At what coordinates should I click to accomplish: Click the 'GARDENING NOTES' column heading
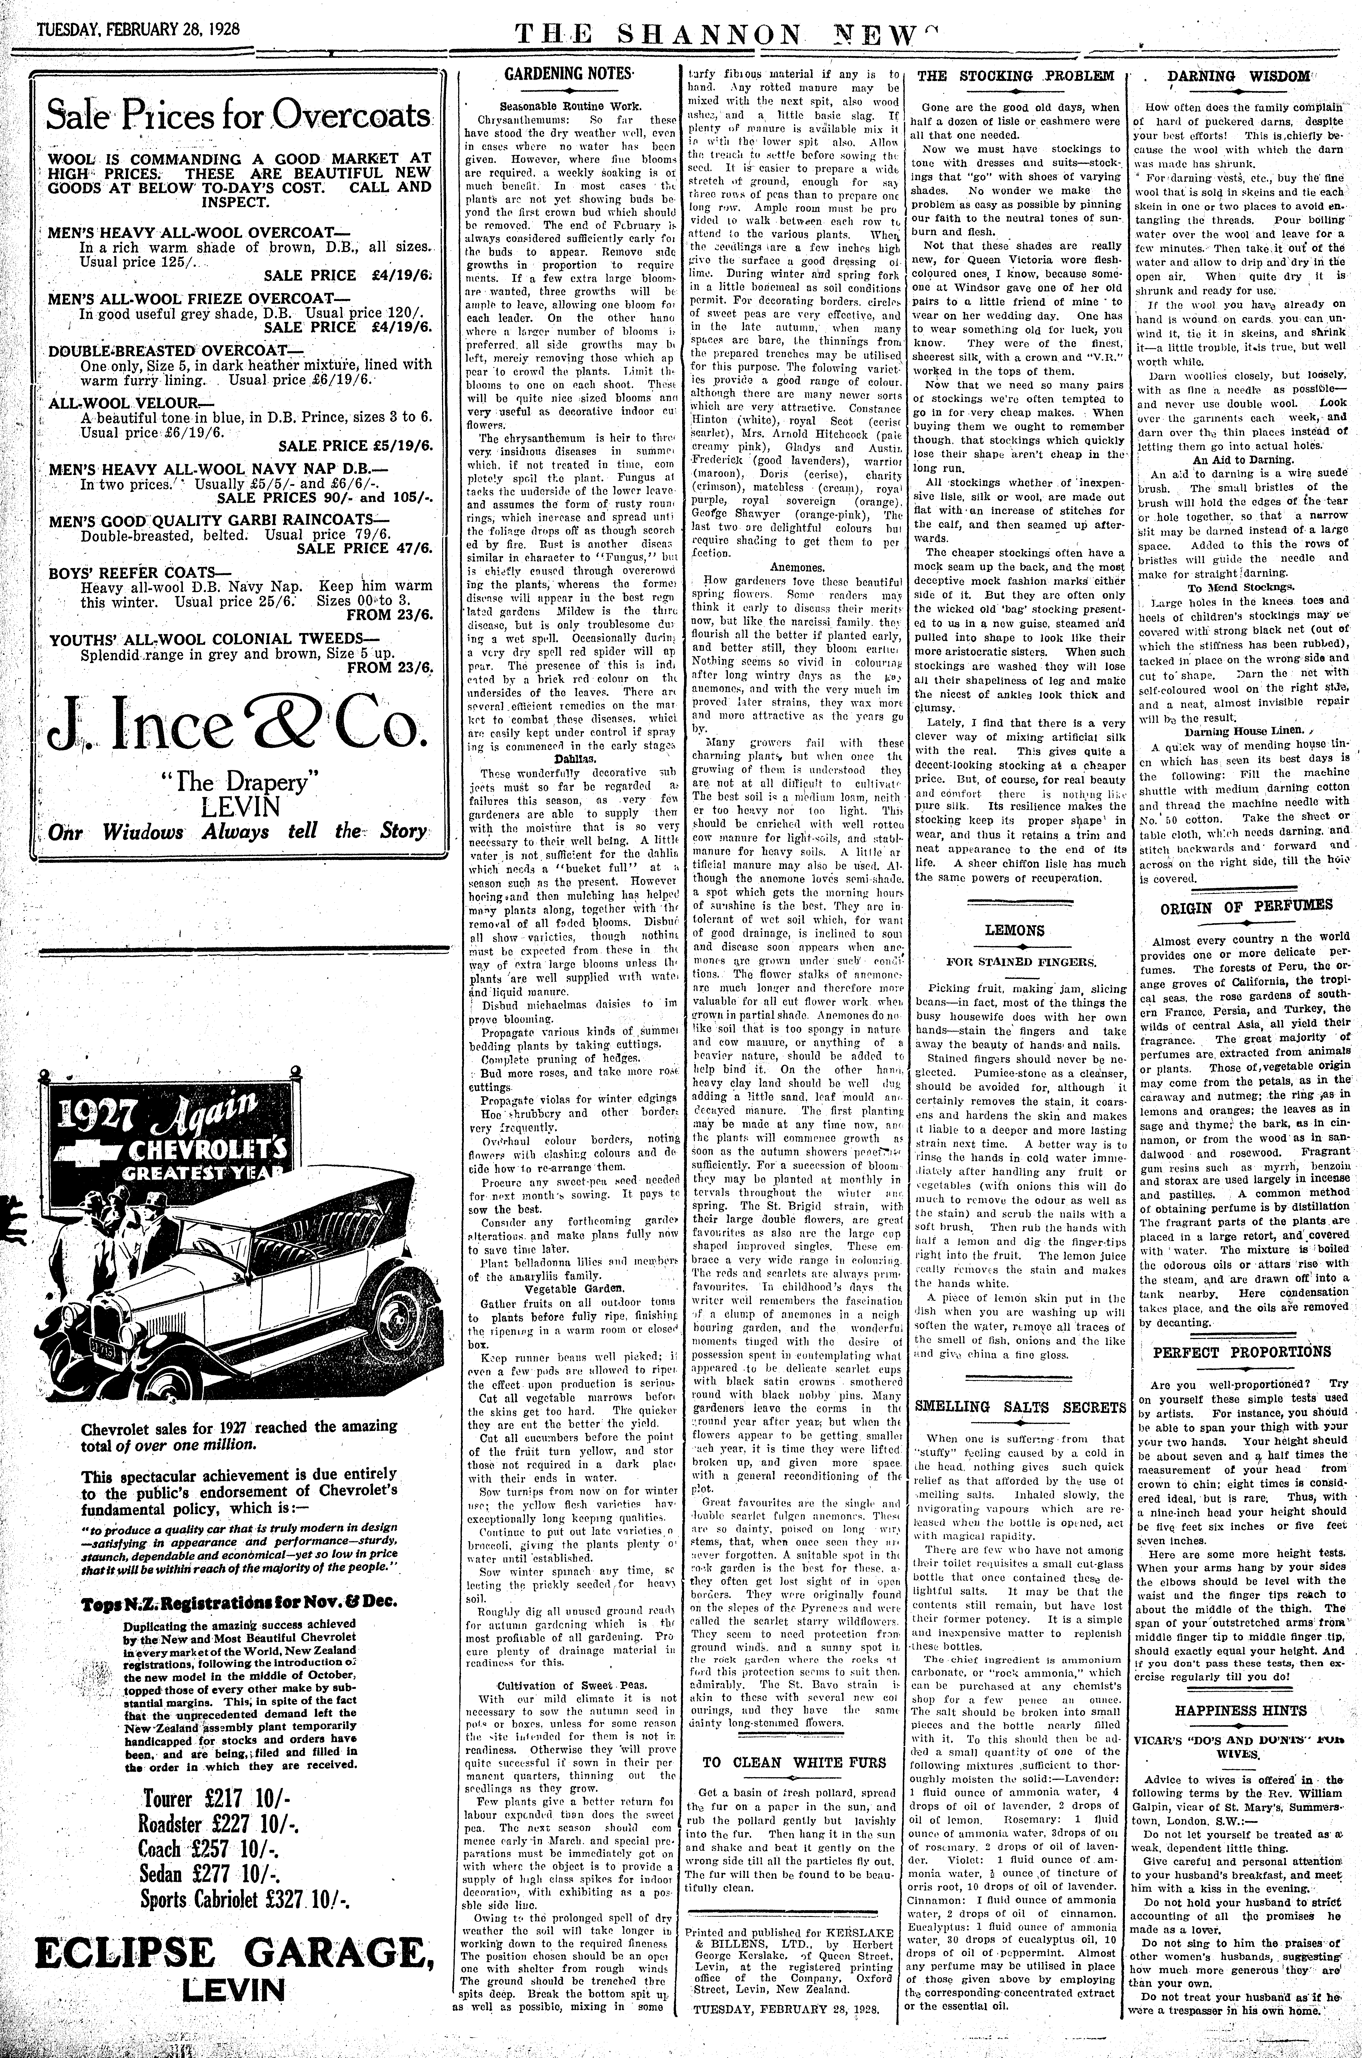569,75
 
